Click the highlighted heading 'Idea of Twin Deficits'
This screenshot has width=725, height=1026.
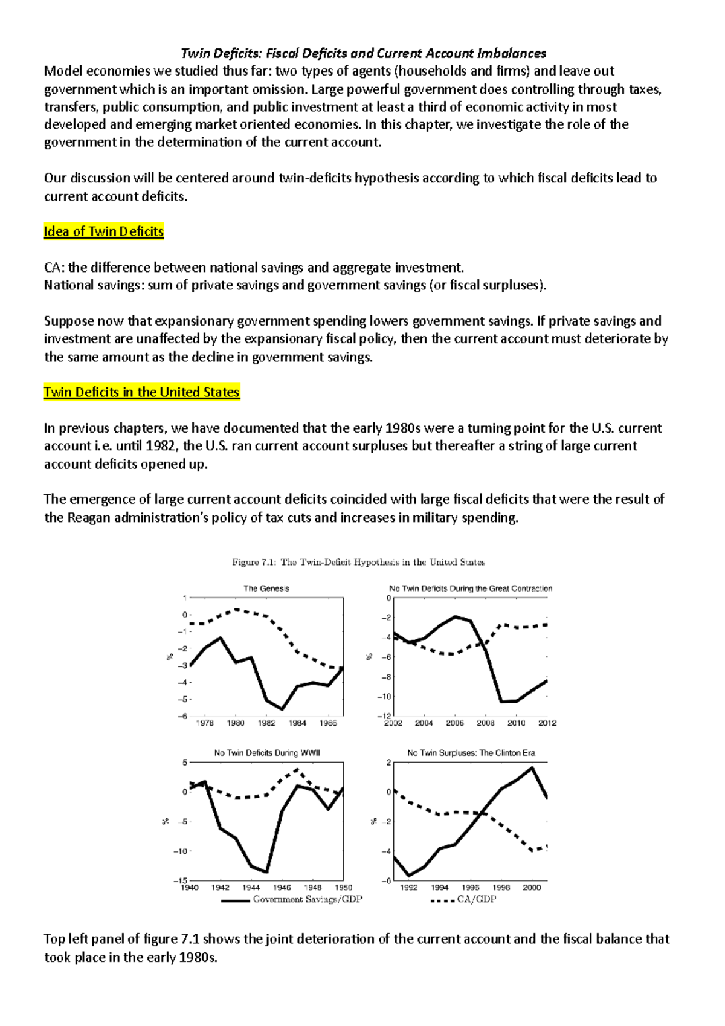(x=103, y=232)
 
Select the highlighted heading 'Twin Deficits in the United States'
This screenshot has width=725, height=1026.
(x=141, y=393)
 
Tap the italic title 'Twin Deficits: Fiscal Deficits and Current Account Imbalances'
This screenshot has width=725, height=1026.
(x=363, y=53)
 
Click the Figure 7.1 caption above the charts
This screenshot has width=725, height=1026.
(x=358, y=563)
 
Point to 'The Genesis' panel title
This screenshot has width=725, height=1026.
(x=266, y=589)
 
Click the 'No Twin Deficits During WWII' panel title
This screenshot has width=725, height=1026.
(x=266, y=753)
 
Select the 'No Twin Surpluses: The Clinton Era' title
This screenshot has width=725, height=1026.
(x=471, y=753)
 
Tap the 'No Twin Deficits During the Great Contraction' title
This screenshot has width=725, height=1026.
(x=470, y=589)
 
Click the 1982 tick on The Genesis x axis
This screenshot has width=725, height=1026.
(x=266, y=723)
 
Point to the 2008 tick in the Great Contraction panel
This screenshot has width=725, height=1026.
(x=486, y=723)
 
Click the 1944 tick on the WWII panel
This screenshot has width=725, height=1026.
(x=251, y=888)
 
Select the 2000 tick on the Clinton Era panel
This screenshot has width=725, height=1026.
(x=532, y=888)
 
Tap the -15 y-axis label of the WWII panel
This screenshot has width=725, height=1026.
(x=181, y=881)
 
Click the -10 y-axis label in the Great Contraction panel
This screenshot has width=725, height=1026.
(x=384, y=697)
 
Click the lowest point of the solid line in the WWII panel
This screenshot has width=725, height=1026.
(x=266, y=872)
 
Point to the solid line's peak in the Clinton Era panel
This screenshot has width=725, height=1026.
(x=532, y=768)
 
